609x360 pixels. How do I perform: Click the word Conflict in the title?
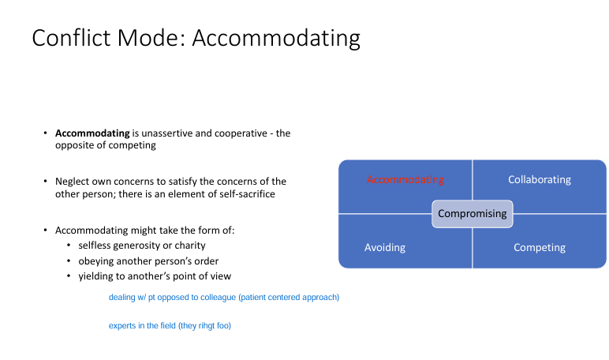click(x=71, y=38)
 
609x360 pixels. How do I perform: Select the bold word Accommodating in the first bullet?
click(x=92, y=133)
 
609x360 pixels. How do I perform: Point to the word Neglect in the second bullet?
click(x=71, y=182)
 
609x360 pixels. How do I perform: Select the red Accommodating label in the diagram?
click(x=405, y=180)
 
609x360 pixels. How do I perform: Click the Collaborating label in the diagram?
click(x=540, y=180)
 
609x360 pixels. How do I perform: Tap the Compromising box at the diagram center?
click(x=473, y=214)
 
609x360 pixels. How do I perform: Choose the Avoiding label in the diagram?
click(x=385, y=248)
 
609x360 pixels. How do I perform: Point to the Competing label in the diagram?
click(x=540, y=248)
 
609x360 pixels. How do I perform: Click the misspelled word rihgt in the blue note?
click(x=207, y=326)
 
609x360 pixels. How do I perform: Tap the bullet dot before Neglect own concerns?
click(x=46, y=181)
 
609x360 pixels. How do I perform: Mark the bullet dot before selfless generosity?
click(x=69, y=246)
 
